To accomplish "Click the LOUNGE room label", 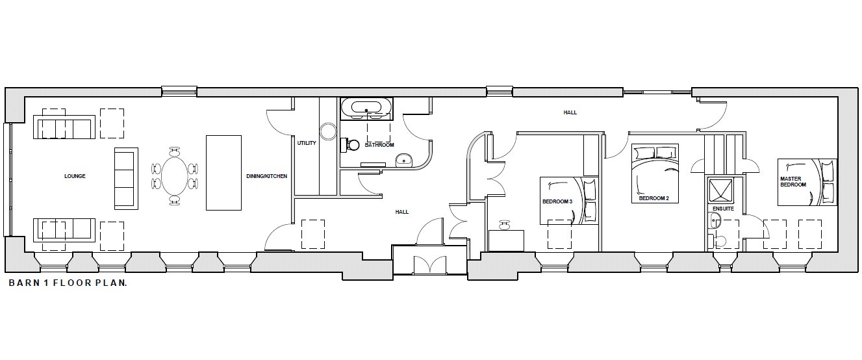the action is click(75, 176).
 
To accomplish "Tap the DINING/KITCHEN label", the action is click(267, 176).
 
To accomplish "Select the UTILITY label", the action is click(307, 143).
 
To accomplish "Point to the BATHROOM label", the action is click(379, 145).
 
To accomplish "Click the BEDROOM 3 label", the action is click(557, 201).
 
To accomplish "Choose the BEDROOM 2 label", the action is click(654, 198).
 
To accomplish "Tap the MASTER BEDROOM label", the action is click(793, 181).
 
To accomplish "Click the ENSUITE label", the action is click(723, 209).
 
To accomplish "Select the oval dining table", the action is click(174, 176).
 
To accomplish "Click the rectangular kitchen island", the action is click(223, 172).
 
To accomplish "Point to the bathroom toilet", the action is click(349, 144).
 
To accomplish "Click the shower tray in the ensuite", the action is click(720, 190).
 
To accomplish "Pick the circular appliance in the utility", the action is click(328, 131).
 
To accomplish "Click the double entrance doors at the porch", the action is click(430, 265).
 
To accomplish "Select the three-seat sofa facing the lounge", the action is click(126, 178).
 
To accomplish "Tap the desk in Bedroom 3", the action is click(506, 240).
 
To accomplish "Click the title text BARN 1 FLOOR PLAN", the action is click(68, 283).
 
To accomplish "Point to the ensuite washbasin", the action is click(715, 222).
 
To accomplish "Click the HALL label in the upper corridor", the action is click(570, 112).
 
